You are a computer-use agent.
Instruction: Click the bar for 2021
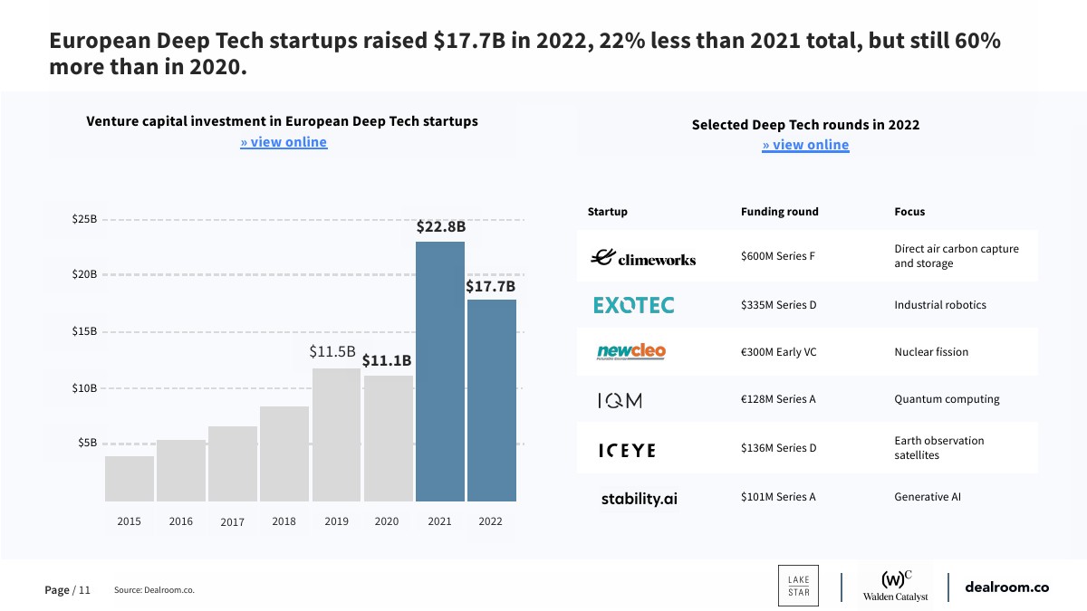[440, 371]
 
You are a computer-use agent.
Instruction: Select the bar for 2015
[130, 479]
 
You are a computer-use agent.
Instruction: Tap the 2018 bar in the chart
[284, 453]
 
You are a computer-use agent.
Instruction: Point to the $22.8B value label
[441, 227]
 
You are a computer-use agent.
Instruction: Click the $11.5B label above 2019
[332, 351]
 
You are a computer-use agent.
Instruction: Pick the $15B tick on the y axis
[84, 331]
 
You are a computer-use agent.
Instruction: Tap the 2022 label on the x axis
[491, 521]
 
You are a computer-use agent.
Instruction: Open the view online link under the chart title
[284, 142]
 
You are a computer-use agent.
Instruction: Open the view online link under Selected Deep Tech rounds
[805, 145]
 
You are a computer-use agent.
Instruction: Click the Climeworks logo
[643, 258]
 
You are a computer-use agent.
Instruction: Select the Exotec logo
[634, 305]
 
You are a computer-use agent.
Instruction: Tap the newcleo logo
[631, 351]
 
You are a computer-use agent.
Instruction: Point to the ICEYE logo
[627, 450]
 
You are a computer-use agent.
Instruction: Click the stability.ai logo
[640, 498]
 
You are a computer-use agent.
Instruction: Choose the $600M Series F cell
[778, 256]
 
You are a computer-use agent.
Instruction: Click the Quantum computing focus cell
[947, 399]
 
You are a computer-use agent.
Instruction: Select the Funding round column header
[779, 212]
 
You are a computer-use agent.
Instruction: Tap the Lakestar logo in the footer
[798, 586]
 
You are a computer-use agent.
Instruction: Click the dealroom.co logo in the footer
[1006, 587]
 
